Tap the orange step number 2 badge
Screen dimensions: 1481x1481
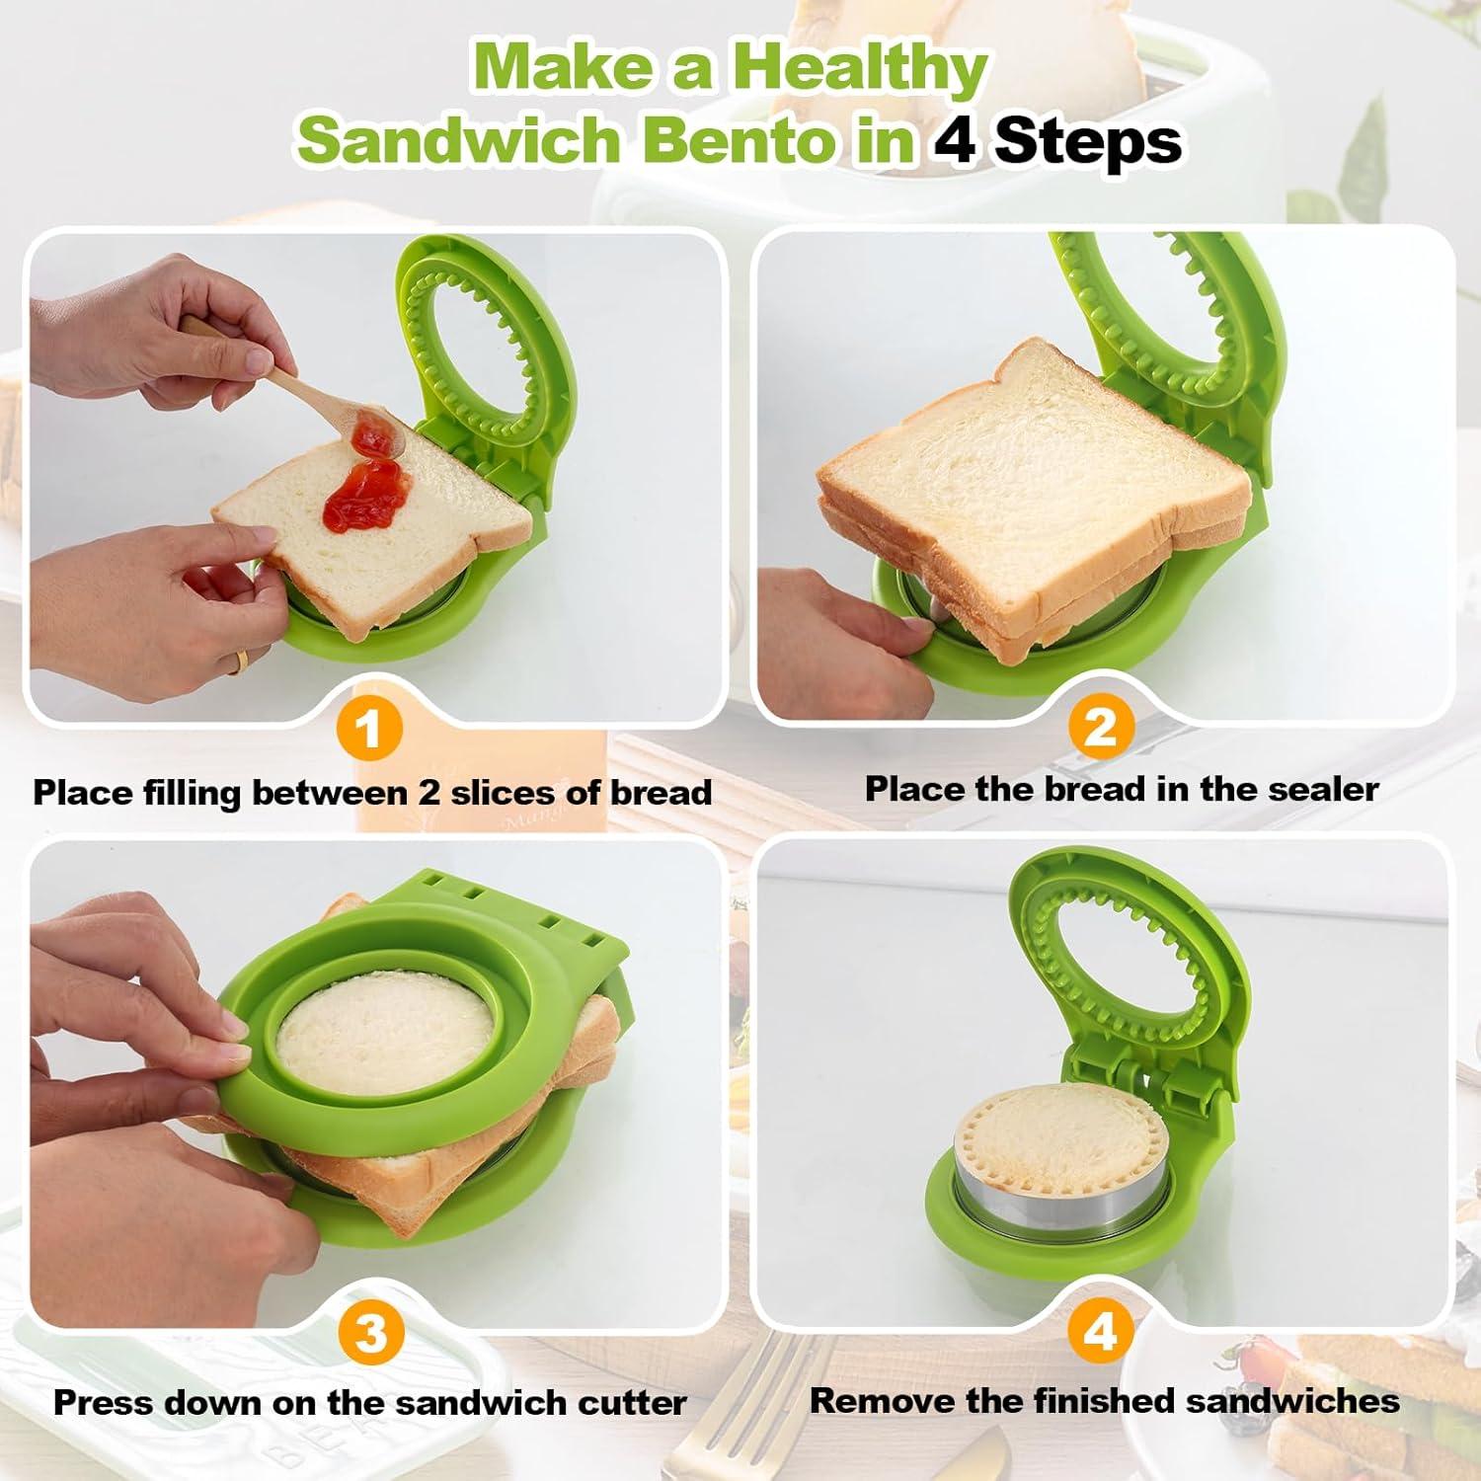(x=1099, y=727)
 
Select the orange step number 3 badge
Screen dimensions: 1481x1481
(x=370, y=1334)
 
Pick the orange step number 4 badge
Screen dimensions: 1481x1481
(x=1099, y=1332)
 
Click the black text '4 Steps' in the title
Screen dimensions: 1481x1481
(x=1056, y=140)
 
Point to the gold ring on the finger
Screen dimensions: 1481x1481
(x=238, y=663)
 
